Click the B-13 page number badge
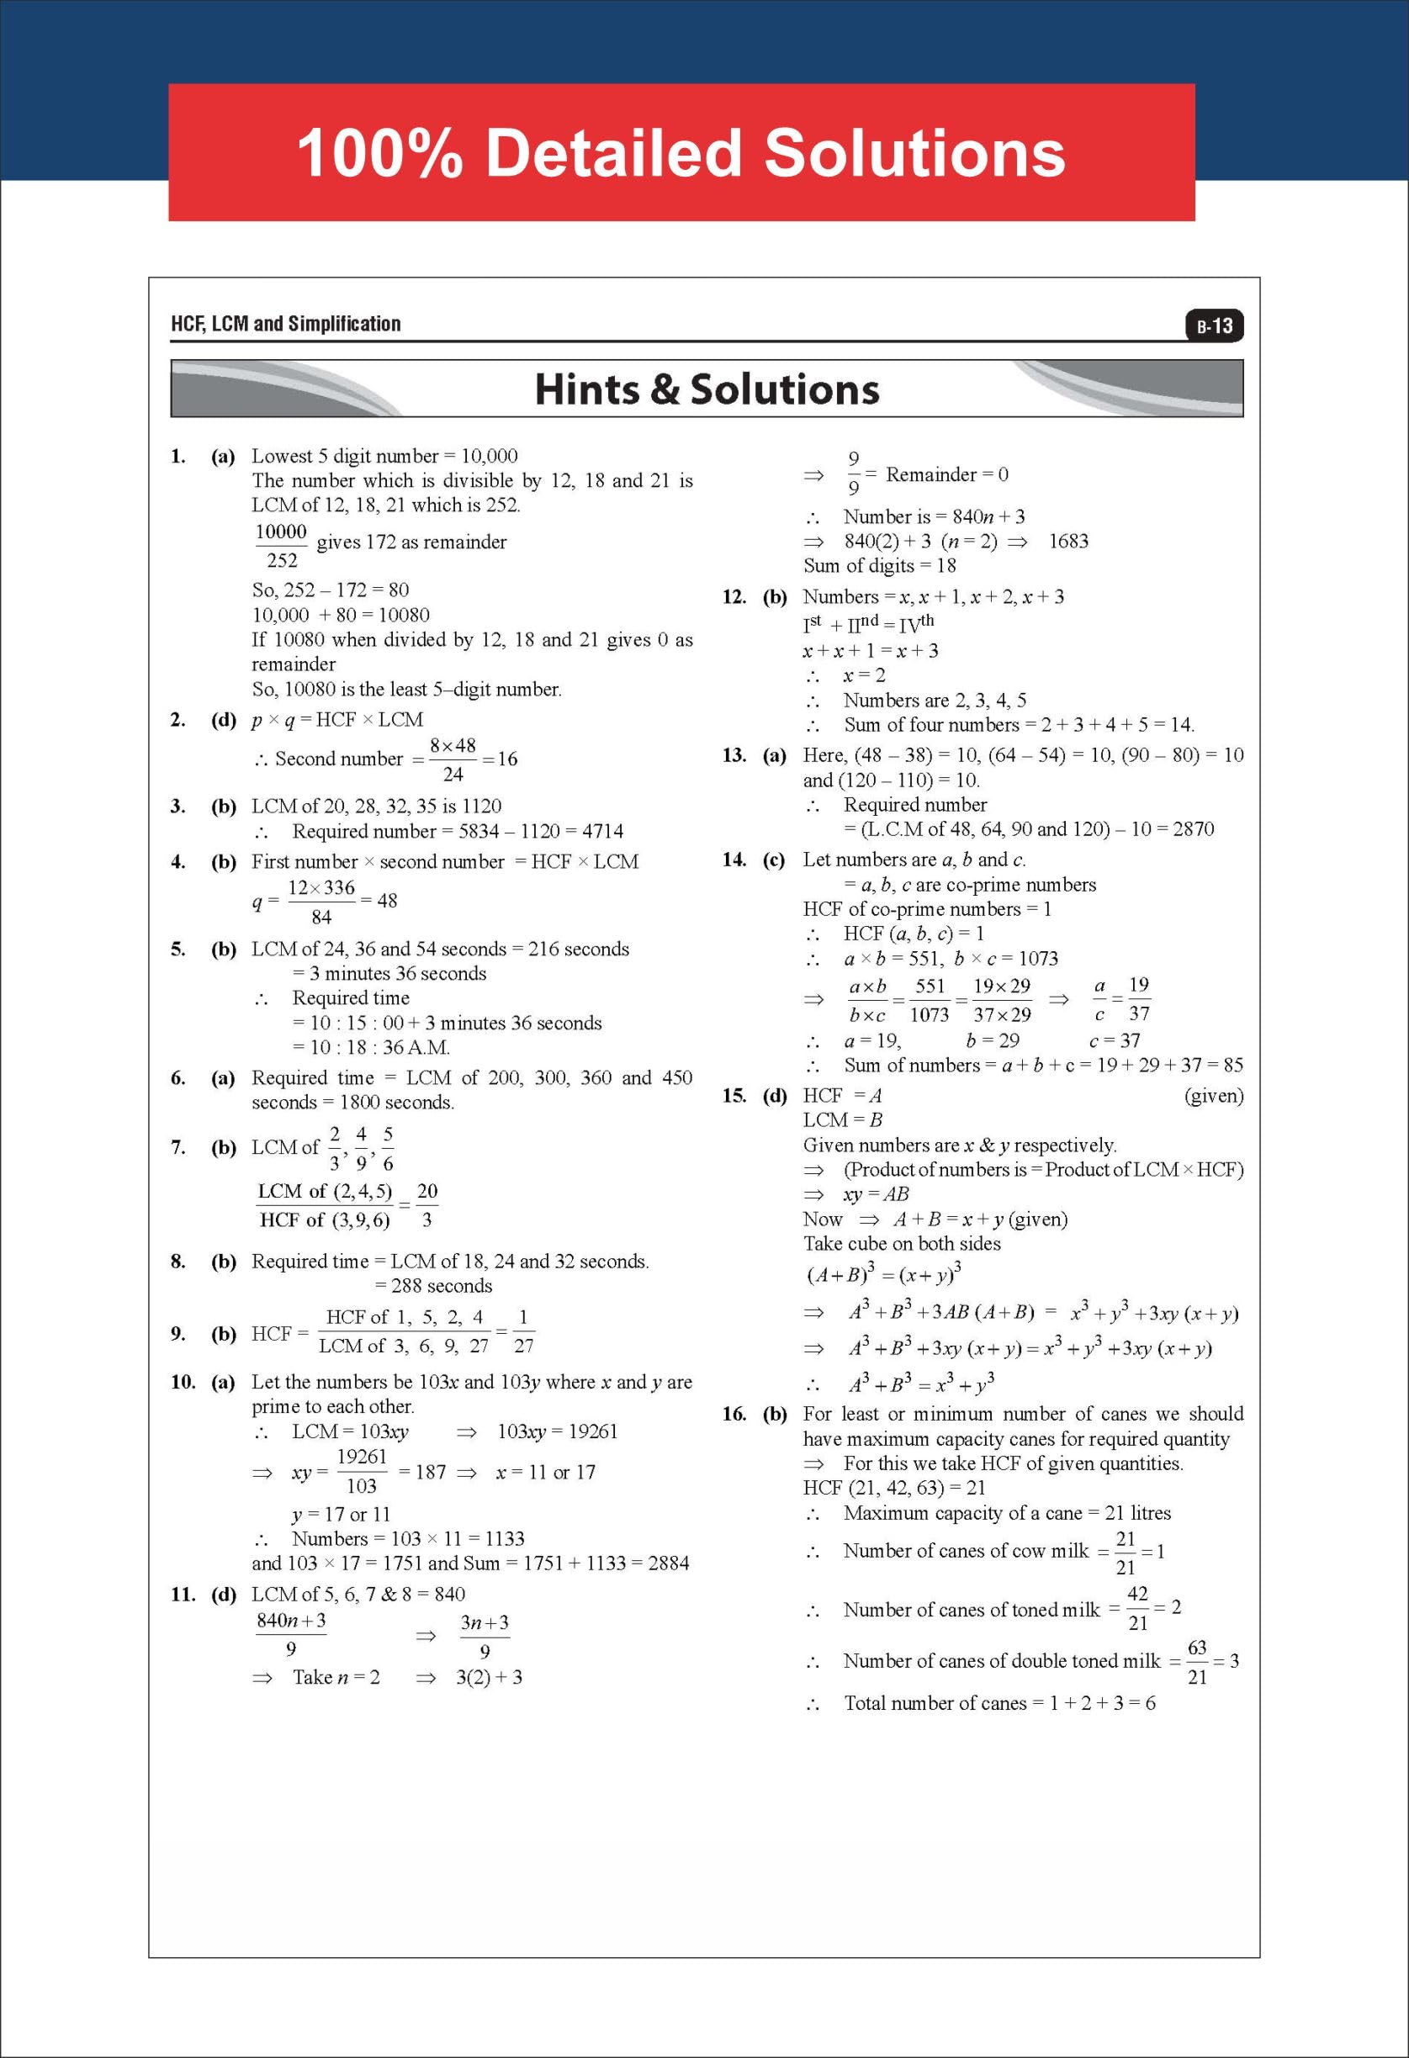click(x=1214, y=325)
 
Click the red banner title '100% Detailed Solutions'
click(x=681, y=152)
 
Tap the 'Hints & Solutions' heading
click(x=707, y=389)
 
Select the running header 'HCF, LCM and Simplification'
click(x=285, y=324)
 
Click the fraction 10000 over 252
click(x=281, y=546)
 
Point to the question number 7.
click(x=178, y=1148)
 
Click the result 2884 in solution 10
click(x=668, y=1563)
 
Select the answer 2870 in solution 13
click(x=1193, y=829)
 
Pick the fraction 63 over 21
click(x=1196, y=1662)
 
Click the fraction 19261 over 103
click(x=362, y=1471)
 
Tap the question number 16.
click(x=734, y=1415)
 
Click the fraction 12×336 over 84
click(x=320, y=902)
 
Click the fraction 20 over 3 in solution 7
click(x=426, y=1205)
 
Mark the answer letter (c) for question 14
click(x=774, y=859)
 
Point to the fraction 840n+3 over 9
click(x=290, y=1634)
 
